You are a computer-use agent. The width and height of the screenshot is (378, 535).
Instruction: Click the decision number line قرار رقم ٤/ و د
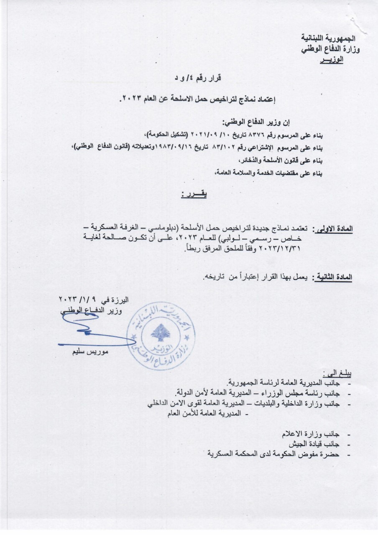click(x=197, y=78)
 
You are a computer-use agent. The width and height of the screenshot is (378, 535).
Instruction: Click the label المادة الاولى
click(x=334, y=229)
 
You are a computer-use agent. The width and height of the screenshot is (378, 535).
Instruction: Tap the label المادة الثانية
click(x=334, y=277)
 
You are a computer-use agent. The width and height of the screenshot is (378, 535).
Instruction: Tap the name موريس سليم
click(x=89, y=352)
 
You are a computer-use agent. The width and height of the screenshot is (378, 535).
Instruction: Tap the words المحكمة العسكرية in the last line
click(x=232, y=454)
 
